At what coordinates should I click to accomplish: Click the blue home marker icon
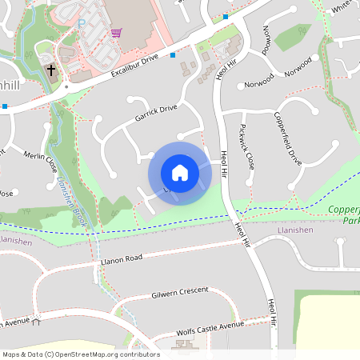point(180,173)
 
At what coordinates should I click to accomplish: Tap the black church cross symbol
point(52,70)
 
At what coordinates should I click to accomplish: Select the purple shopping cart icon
point(117,33)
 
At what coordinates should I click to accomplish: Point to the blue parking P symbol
point(81,24)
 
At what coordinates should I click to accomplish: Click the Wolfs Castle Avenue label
point(209,326)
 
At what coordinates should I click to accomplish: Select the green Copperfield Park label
point(344,214)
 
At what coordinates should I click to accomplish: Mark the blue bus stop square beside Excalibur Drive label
point(174,55)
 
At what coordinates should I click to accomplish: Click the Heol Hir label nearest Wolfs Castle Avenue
point(274,311)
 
